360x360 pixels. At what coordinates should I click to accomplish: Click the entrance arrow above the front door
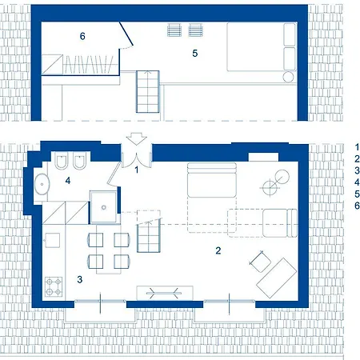137,138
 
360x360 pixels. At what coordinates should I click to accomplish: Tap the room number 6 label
82,36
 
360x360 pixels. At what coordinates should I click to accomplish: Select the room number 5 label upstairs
195,54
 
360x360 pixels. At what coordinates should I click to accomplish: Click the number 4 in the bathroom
68,181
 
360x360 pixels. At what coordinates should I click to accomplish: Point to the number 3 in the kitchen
80,279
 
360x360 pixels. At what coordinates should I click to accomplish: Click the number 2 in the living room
218,250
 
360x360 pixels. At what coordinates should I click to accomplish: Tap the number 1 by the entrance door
137,170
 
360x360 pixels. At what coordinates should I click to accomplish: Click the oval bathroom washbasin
42,184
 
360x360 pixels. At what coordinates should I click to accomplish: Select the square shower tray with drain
103,207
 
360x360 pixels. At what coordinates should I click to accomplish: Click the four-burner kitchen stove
54,287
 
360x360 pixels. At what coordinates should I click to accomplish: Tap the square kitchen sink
52,240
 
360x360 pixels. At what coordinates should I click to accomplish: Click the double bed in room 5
262,47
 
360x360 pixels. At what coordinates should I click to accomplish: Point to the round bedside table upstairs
288,77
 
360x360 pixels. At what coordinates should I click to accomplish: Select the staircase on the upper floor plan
148,92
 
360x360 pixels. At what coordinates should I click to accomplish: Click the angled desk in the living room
276,278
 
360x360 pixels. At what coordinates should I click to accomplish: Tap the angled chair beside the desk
260,262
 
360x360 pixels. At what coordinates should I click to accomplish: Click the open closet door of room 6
126,34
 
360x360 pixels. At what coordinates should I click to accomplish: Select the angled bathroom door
114,173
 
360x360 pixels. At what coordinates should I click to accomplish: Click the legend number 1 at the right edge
357,147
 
